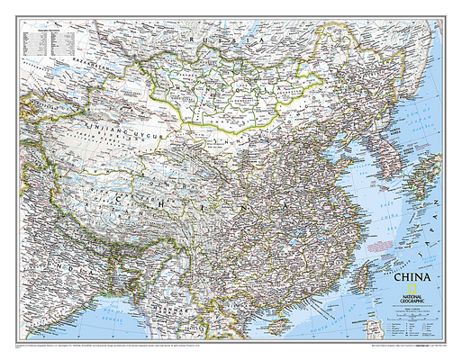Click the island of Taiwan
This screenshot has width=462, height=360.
tap(358, 265)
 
